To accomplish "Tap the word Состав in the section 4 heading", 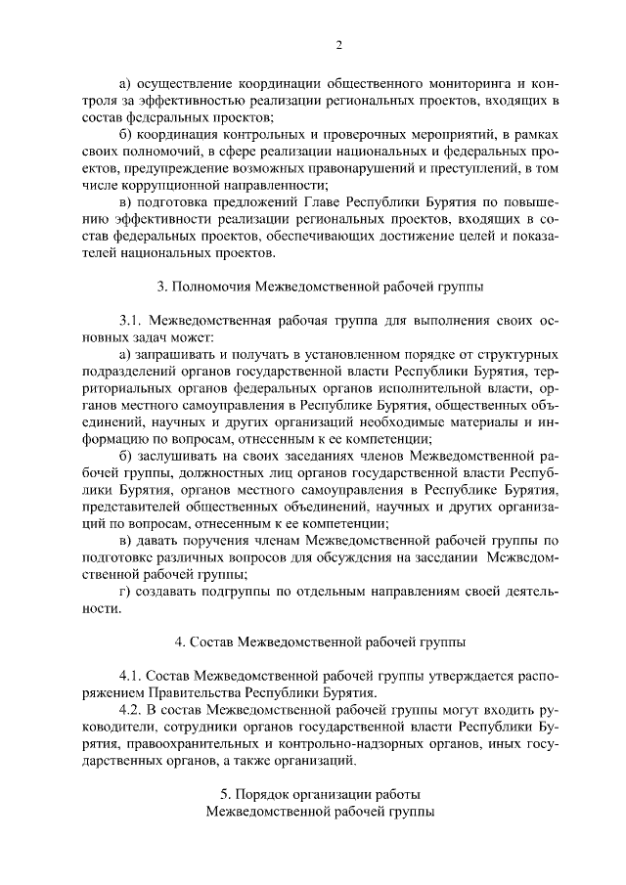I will click(x=213, y=642).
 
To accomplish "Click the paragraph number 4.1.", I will click(x=132, y=676).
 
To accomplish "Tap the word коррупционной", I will click(x=162, y=185).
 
